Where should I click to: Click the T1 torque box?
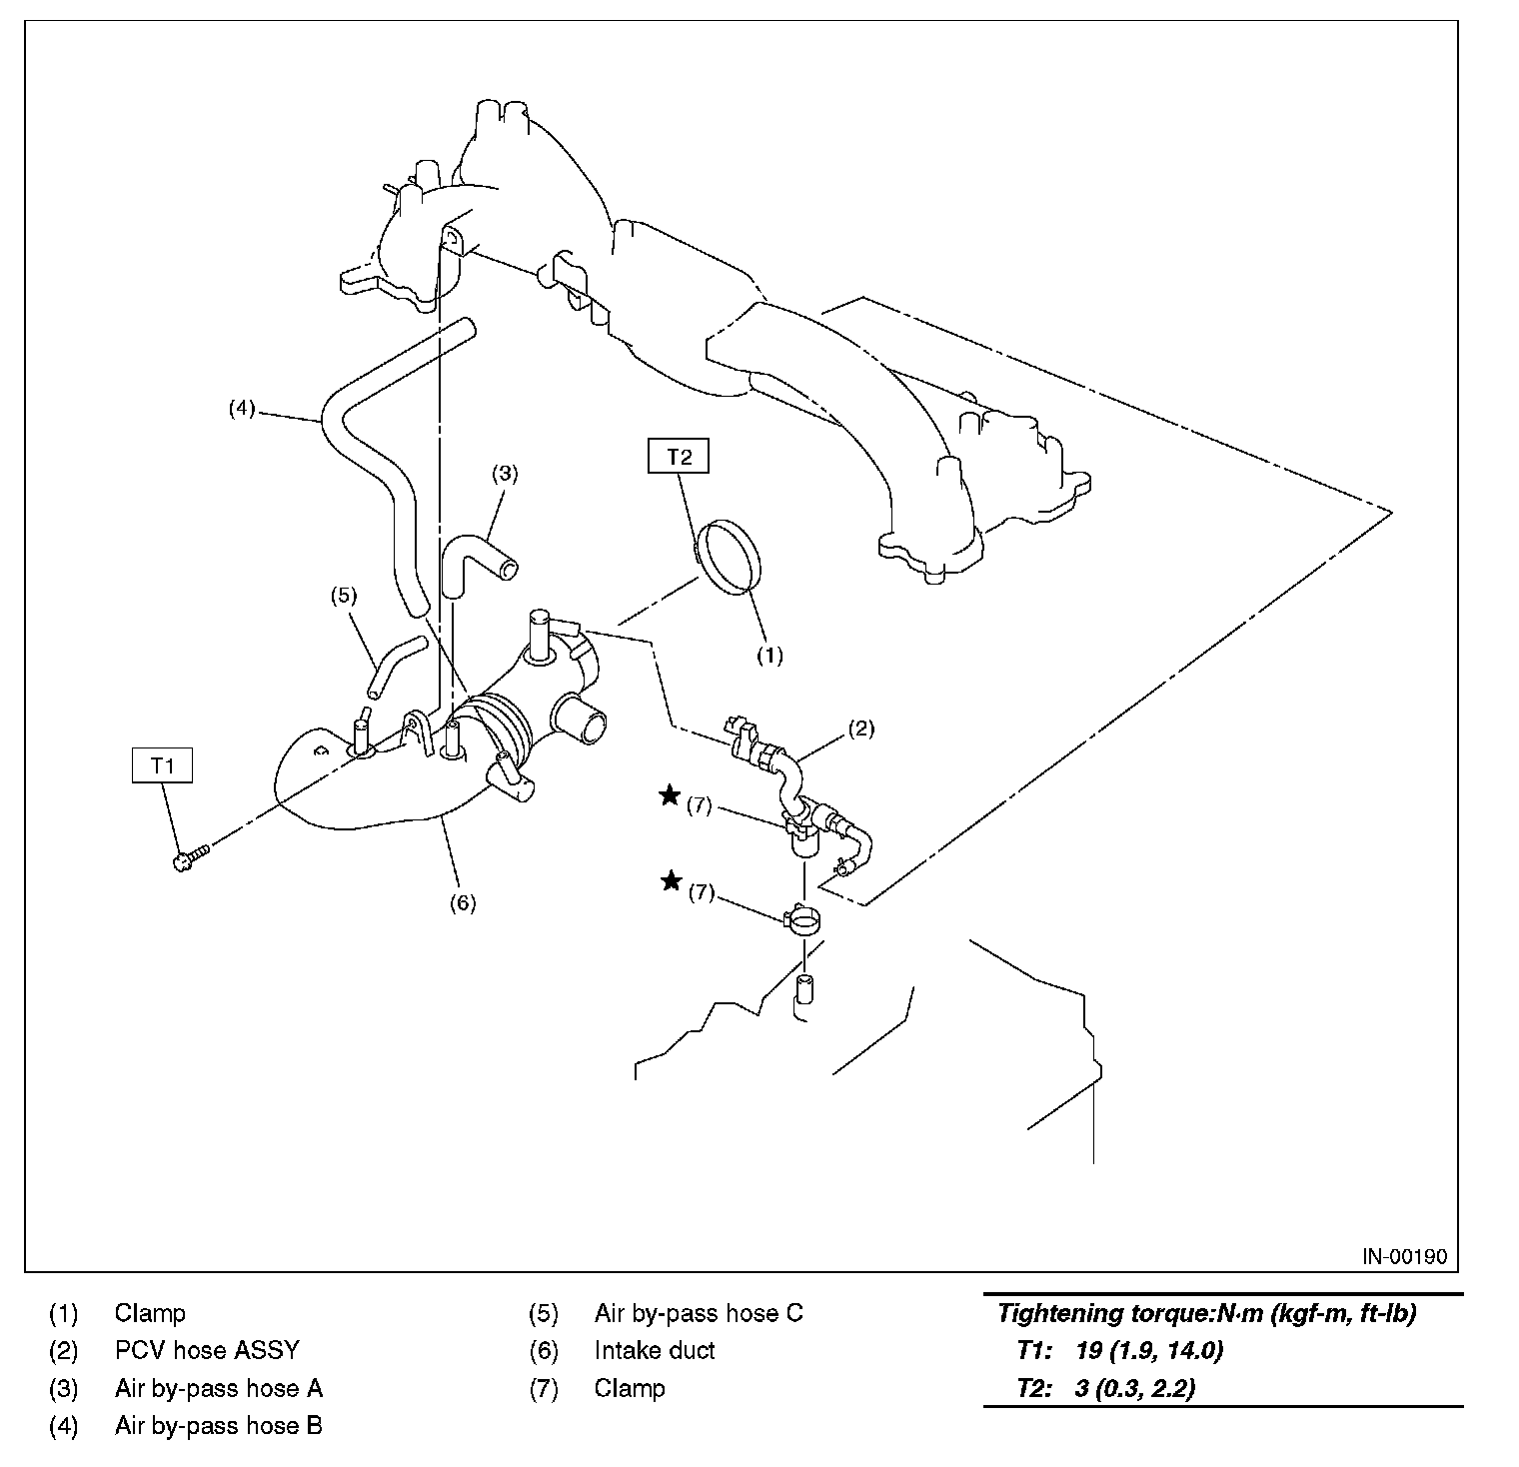point(162,765)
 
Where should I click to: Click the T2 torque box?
point(679,458)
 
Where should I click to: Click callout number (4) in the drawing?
point(242,408)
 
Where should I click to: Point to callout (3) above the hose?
point(505,473)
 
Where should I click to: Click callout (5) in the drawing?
point(343,596)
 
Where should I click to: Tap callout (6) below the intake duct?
point(462,902)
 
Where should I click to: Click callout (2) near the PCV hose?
point(861,729)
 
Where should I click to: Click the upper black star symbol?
point(670,795)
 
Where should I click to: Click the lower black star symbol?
point(672,880)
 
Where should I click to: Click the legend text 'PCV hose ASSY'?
point(207,1350)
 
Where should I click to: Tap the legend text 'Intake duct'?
point(655,1350)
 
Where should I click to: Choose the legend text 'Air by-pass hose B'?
point(218,1426)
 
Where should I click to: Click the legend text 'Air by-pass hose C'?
point(698,1312)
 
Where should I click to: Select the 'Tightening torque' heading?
point(1206,1313)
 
